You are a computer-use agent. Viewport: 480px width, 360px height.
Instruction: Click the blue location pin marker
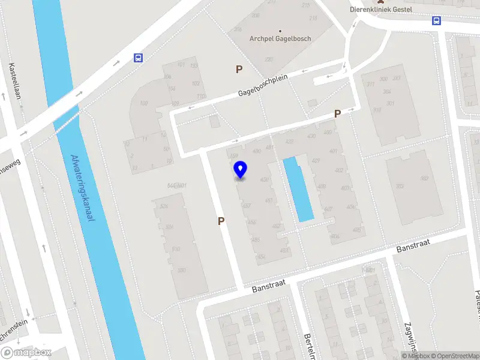tap(241, 170)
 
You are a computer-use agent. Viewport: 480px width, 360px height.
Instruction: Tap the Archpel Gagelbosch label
tap(280, 39)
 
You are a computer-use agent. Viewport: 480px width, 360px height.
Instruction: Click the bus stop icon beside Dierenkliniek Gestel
tap(436, 21)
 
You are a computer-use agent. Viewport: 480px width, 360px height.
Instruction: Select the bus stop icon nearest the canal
tap(139, 58)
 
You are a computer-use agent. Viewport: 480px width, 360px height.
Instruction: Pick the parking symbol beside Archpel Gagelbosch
tap(239, 70)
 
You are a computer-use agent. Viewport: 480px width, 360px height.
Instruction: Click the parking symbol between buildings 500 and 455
tap(221, 221)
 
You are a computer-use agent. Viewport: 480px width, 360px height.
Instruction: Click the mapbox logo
tap(26, 353)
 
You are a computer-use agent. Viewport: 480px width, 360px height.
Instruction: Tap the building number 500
tap(181, 271)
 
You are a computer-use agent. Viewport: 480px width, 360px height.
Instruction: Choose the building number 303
tap(399, 187)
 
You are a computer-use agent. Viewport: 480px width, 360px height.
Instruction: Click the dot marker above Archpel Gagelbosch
tap(280, 31)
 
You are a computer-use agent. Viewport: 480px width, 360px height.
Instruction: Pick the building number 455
tap(256, 240)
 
